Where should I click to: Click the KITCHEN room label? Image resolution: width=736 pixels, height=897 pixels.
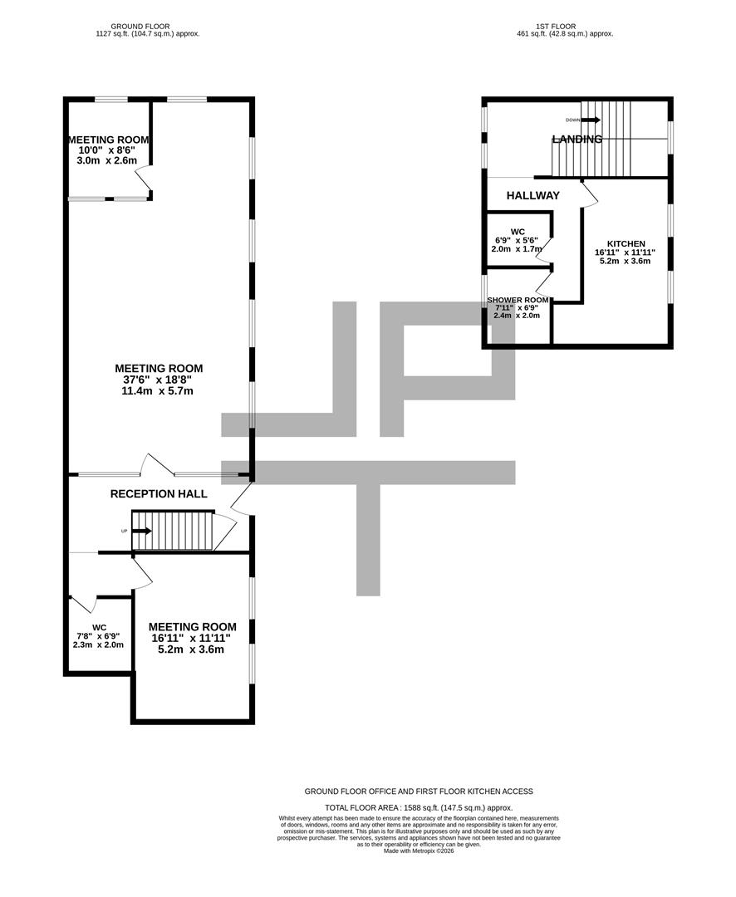(626, 243)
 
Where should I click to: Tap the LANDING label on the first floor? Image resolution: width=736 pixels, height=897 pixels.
(577, 140)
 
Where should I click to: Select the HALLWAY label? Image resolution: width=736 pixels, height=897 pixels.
(533, 196)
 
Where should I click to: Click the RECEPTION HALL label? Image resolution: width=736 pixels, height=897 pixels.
(159, 494)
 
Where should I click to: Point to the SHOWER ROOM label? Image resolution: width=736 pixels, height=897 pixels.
(518, 300)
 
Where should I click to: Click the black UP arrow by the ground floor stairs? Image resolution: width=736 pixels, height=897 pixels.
(141, 532)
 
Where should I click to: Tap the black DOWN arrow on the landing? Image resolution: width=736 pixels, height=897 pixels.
(590, 120)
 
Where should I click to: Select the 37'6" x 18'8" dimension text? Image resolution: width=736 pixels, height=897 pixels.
(159, 380)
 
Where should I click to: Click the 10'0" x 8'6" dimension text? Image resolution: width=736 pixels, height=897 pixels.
(106, 150)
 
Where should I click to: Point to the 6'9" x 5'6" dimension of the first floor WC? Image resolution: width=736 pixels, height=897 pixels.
(517, 240)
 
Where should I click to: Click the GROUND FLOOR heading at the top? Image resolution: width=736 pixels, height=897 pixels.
(148, 27)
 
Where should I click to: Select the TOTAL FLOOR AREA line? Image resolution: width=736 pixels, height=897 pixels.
(419, 807)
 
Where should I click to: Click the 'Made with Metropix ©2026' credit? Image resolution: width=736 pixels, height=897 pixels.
(419, 851)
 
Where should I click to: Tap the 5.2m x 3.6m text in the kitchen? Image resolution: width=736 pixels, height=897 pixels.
(625, 261)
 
